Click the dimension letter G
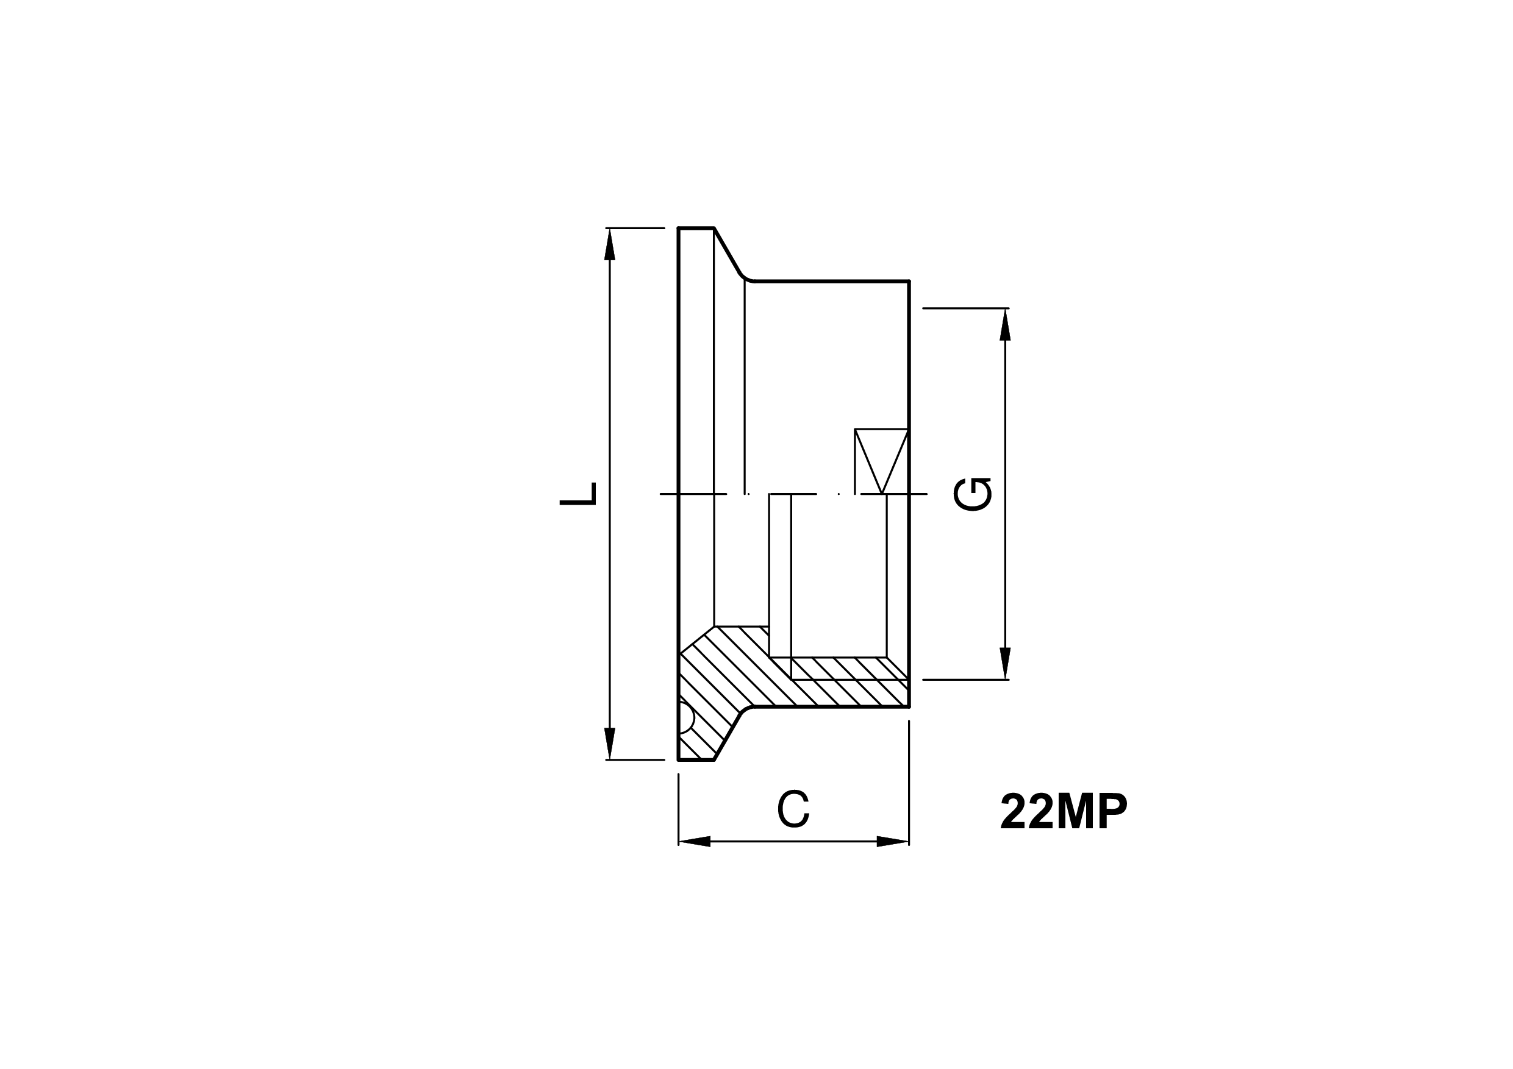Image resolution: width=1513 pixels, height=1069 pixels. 972,494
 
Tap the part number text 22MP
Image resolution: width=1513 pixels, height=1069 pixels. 1064,811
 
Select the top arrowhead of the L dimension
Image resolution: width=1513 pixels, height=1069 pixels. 610,244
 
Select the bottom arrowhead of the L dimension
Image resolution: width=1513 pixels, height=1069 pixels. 610,744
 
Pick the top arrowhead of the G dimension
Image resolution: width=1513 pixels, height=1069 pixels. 1005,325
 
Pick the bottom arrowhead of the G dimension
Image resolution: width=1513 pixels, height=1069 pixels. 1005,663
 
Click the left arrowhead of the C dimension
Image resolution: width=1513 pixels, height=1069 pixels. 695,841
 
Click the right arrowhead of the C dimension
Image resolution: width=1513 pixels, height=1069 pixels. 893,841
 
